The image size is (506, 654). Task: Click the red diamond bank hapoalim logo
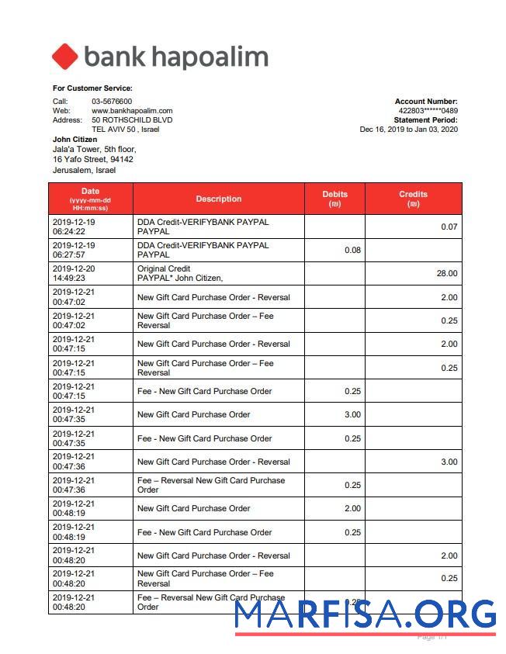[65, 57]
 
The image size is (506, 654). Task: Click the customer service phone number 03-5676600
[112, 102]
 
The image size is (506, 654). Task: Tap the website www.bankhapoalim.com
[132, 111]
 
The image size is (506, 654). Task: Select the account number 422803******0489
[428, 111]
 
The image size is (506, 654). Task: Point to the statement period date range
[408, 130]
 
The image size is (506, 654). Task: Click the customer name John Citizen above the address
[75, 140]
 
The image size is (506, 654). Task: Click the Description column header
[218, 199]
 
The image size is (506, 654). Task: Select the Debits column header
[334, 199]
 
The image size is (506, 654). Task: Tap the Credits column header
[413, 199]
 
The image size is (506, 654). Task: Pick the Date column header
[91, 199]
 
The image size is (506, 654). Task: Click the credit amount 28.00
[447, 273]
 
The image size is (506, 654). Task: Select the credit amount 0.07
[449, 227]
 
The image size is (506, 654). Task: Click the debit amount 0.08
[352, 250]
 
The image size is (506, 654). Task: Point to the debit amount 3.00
[352, 414]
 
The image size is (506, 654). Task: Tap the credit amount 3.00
[449, 462]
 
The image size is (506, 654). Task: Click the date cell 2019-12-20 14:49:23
[74, 273]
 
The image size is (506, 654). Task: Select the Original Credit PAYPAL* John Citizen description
[180, 273]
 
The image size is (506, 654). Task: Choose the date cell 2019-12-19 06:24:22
[74, 227]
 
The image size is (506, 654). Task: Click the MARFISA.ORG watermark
[365, 614]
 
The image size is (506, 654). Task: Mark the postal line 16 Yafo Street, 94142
[92, 159]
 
